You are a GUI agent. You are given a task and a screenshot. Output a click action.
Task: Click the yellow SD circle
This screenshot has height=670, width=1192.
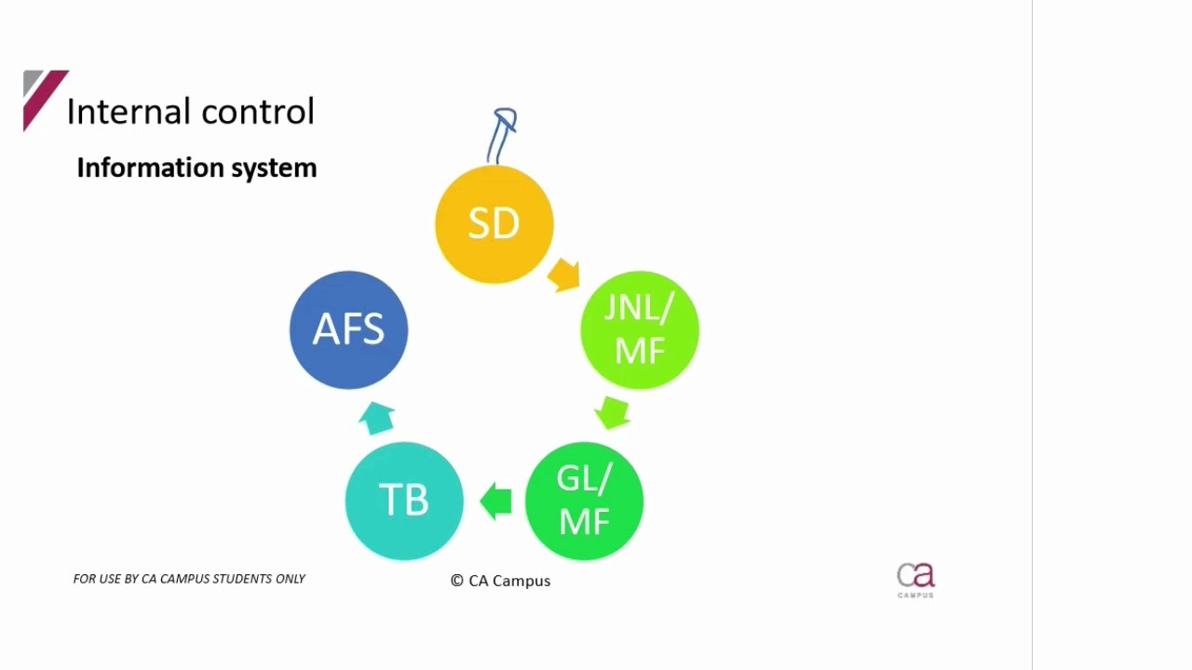[494, 224]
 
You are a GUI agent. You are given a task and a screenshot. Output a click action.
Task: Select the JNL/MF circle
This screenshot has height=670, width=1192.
[639, 329]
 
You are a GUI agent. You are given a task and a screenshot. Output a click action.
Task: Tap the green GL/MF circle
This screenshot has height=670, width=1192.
[584, 501]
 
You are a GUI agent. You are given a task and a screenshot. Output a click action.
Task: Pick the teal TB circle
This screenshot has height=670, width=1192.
[403, 501]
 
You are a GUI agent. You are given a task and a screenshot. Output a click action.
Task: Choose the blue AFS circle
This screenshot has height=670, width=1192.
[348, 329]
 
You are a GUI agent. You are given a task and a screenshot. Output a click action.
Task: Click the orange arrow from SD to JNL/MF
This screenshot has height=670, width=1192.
[564, 275]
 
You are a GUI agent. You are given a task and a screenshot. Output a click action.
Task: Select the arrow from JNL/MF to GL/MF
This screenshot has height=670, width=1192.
[613, 412]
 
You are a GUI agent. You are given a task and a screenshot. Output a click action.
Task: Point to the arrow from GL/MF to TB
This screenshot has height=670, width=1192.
[496, 501]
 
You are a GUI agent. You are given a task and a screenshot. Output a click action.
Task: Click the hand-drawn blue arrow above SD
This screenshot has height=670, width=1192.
[503, 135]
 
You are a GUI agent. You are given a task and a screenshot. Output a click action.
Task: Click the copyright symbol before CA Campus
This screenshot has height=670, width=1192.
[457, 581]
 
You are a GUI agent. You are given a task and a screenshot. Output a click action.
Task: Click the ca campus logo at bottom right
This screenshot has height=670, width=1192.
[915, 580]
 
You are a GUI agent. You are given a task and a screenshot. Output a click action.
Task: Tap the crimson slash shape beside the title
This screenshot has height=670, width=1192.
[45, 100]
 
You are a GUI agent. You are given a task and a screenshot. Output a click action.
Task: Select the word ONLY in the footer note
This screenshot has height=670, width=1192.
[291, 579]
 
